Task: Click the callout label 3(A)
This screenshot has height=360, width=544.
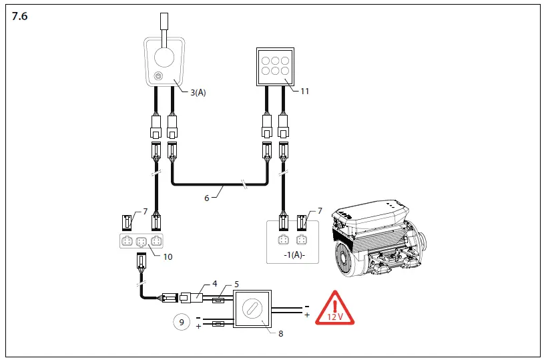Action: (x=197, y=93)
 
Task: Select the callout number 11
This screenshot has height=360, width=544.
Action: (x=304, y=91)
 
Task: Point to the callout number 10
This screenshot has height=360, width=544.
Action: (x=168, y=256)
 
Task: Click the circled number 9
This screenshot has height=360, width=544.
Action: (x=181, y=322)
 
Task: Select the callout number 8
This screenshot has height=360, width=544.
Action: (x=280, y=333)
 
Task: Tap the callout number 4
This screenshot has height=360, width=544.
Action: (x=214, y=283)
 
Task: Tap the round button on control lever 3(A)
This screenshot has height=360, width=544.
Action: (x=158, y=76)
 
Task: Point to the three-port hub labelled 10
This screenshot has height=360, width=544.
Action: (x=141, y=241)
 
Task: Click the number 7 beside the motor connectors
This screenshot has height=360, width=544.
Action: (x=320, y=211)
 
